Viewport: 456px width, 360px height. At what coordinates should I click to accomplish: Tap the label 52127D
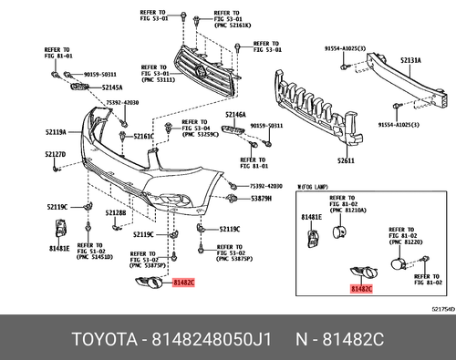(x=56, y=155)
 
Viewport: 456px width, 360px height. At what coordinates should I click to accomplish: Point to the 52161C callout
(x=143, y=137)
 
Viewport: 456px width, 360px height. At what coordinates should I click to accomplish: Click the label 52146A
(x=236, y=115)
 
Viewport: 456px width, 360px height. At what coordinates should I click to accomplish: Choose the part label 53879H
(x=262, y=198)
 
